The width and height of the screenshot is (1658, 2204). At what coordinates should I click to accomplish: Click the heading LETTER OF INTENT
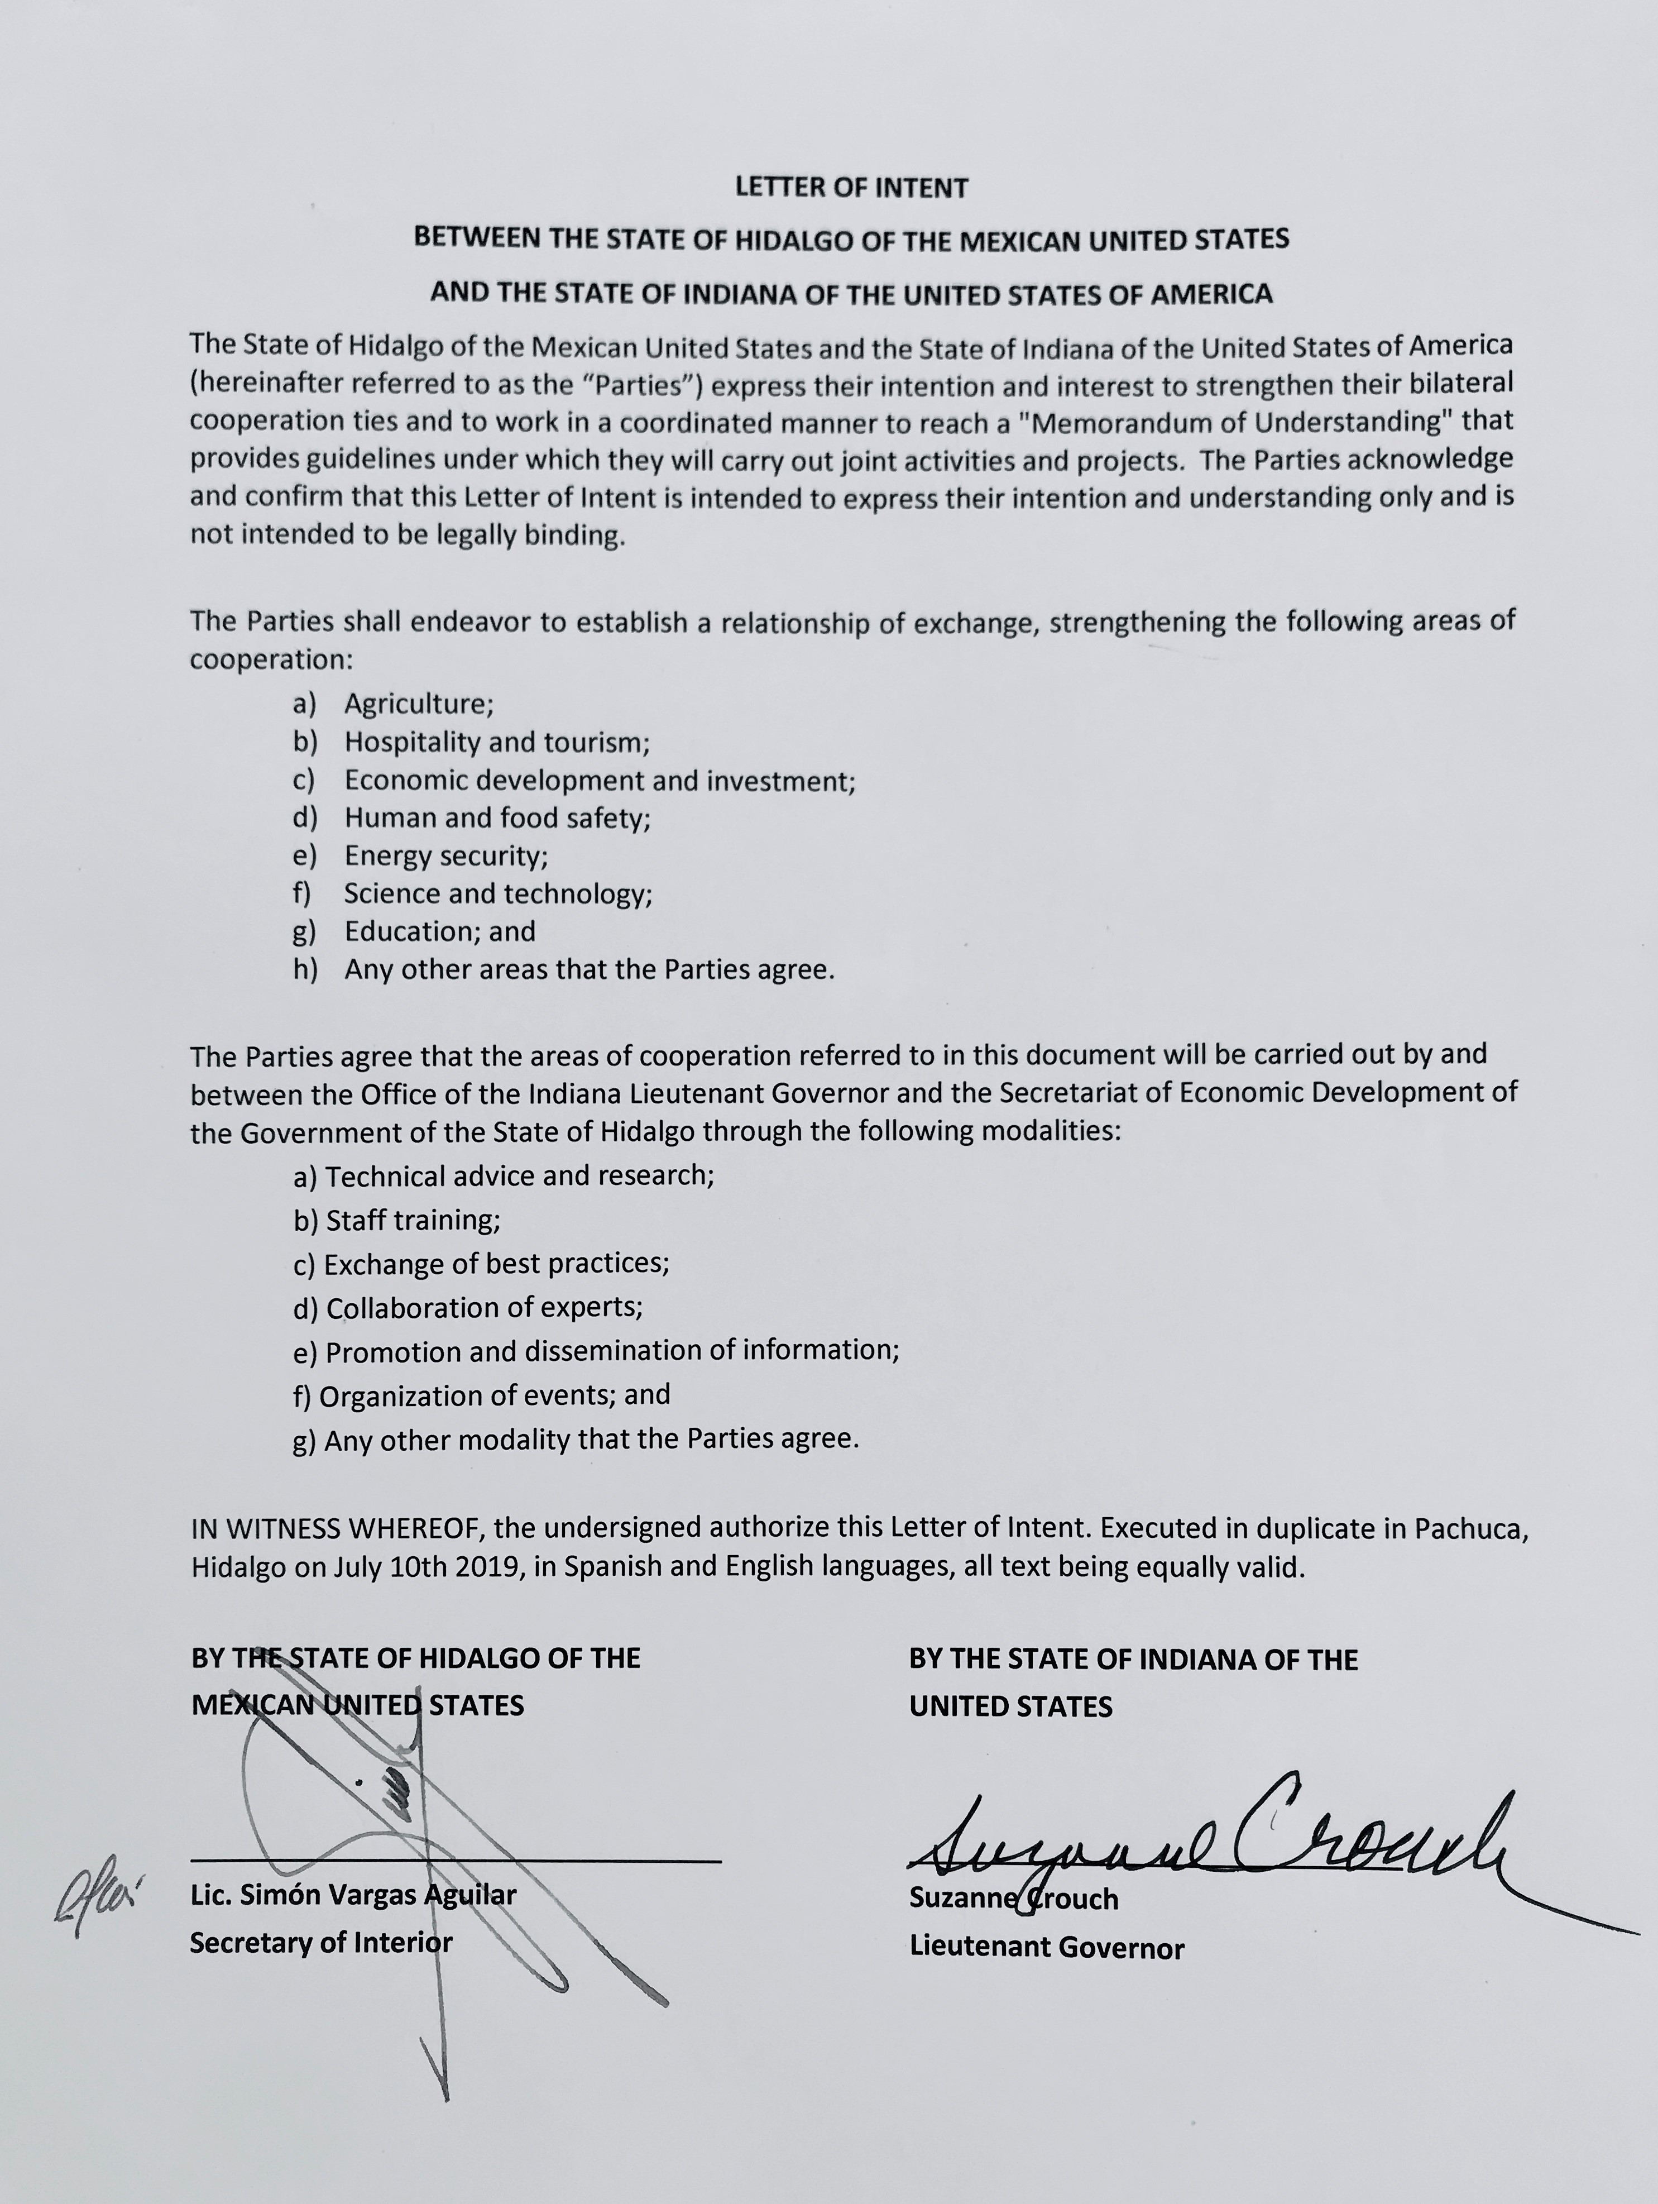851,187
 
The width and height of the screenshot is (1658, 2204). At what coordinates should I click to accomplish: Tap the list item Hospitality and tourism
496,742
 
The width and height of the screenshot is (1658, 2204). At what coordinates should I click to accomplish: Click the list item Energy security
445,856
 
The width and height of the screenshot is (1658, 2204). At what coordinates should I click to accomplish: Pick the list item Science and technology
497,894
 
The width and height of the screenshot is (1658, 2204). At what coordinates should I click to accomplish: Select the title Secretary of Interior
321,1942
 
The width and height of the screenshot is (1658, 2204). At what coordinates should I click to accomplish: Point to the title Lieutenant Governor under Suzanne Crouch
1046,1947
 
